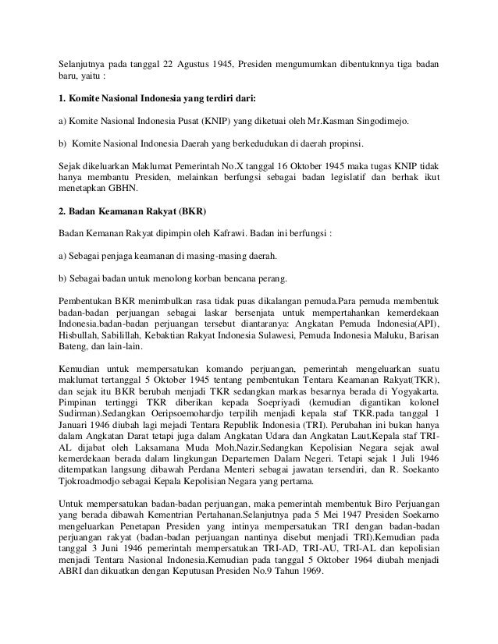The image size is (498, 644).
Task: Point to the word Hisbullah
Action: [80, 334]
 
